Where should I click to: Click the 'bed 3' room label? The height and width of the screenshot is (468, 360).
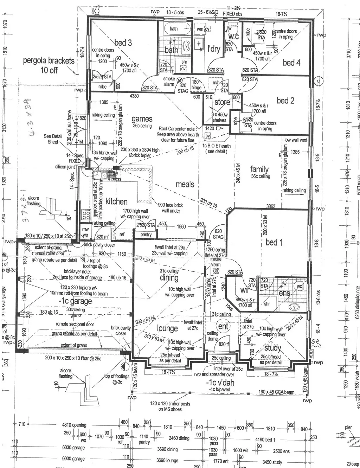(123, 43)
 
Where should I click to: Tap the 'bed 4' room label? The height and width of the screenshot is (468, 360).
(291, 63)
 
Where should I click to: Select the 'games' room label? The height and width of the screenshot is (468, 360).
(142, 119)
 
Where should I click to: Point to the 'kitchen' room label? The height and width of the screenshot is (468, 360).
(116, 201)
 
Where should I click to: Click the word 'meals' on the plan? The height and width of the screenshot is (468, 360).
(185, 184)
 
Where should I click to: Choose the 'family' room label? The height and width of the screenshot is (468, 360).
(259, 169)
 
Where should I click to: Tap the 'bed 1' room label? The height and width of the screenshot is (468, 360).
(274, 242)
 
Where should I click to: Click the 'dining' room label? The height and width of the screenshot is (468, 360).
(169, 278)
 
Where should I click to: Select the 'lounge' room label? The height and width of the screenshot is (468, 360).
(167, 328)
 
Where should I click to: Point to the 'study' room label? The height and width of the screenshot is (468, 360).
(272, 348)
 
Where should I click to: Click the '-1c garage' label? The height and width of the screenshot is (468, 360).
(75, 301)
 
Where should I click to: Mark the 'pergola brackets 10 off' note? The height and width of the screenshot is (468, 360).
(49, 65)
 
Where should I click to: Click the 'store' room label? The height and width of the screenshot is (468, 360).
(222, 102)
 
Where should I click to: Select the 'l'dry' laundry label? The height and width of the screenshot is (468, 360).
(214, 49)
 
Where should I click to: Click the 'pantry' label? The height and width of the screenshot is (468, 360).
(146, 235)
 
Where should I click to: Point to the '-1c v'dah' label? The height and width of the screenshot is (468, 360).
(220, 383)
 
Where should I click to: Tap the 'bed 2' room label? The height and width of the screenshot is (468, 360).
(285, 101)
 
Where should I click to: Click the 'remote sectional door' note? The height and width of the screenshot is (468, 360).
(75, 324)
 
